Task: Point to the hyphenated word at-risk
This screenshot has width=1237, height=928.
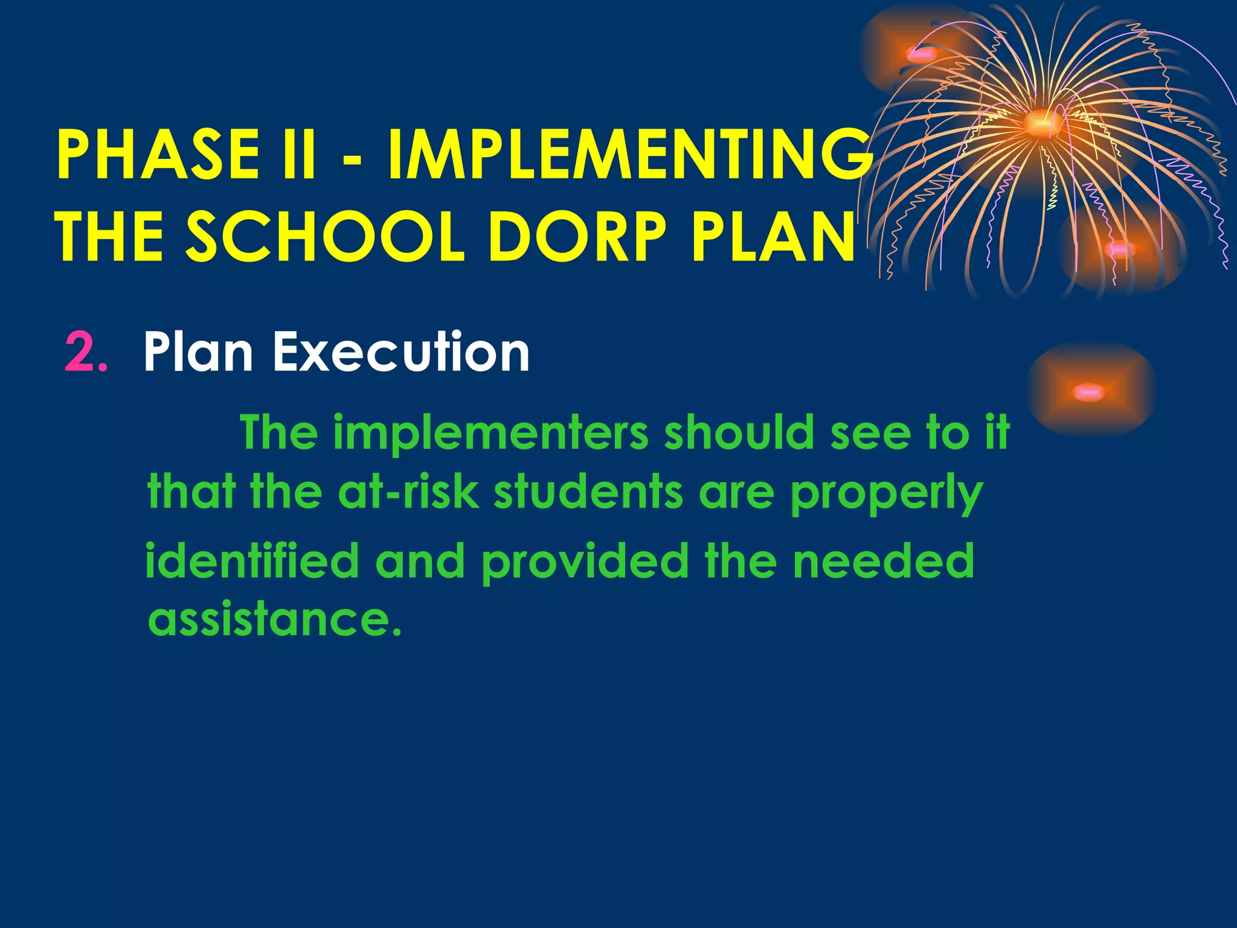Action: tap(408, 492)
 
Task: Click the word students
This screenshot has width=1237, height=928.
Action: tap(588, 492)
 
